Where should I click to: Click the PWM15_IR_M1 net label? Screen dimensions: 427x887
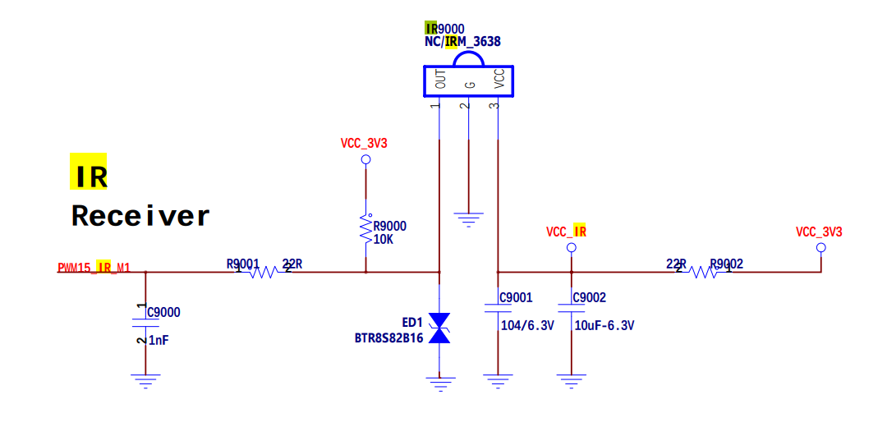(94, 268)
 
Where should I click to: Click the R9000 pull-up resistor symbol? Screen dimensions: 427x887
(365, 227)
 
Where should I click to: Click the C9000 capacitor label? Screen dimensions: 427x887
(163, 312)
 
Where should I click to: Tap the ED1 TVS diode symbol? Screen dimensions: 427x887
(440, 328)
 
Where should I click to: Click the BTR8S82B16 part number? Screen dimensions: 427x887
(388, 338)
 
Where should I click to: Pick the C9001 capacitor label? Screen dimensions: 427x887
(517, 297)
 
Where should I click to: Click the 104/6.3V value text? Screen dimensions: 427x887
(527, 325)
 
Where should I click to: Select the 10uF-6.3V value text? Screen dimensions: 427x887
(604, 325)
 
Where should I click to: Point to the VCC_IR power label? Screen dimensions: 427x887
(566, 232)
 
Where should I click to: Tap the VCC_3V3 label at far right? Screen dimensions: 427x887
(819, 232)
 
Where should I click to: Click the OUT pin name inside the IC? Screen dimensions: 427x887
(441, 79)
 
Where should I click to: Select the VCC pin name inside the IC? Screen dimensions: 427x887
(499, 79)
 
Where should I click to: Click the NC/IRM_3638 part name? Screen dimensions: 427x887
(462, 41)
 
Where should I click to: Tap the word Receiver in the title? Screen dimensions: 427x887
(140, 216)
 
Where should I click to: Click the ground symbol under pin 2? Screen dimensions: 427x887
(469, 218)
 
